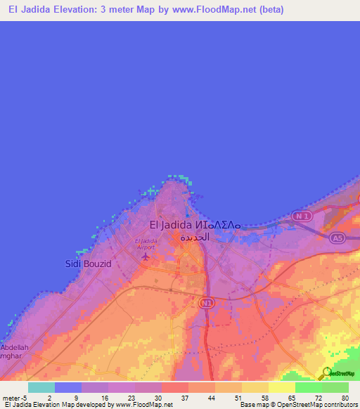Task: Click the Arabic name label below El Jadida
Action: pos(194,238)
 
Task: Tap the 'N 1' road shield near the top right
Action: pos(303,216)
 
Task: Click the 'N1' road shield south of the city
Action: pos(205,302)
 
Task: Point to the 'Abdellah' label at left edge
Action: pos(14,347)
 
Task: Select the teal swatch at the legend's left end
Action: pos(41,387)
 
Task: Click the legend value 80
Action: pos(345,398)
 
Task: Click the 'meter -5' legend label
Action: pos(14,398)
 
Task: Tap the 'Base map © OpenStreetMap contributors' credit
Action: pos(297,405)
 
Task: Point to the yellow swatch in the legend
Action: pos(281,387)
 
